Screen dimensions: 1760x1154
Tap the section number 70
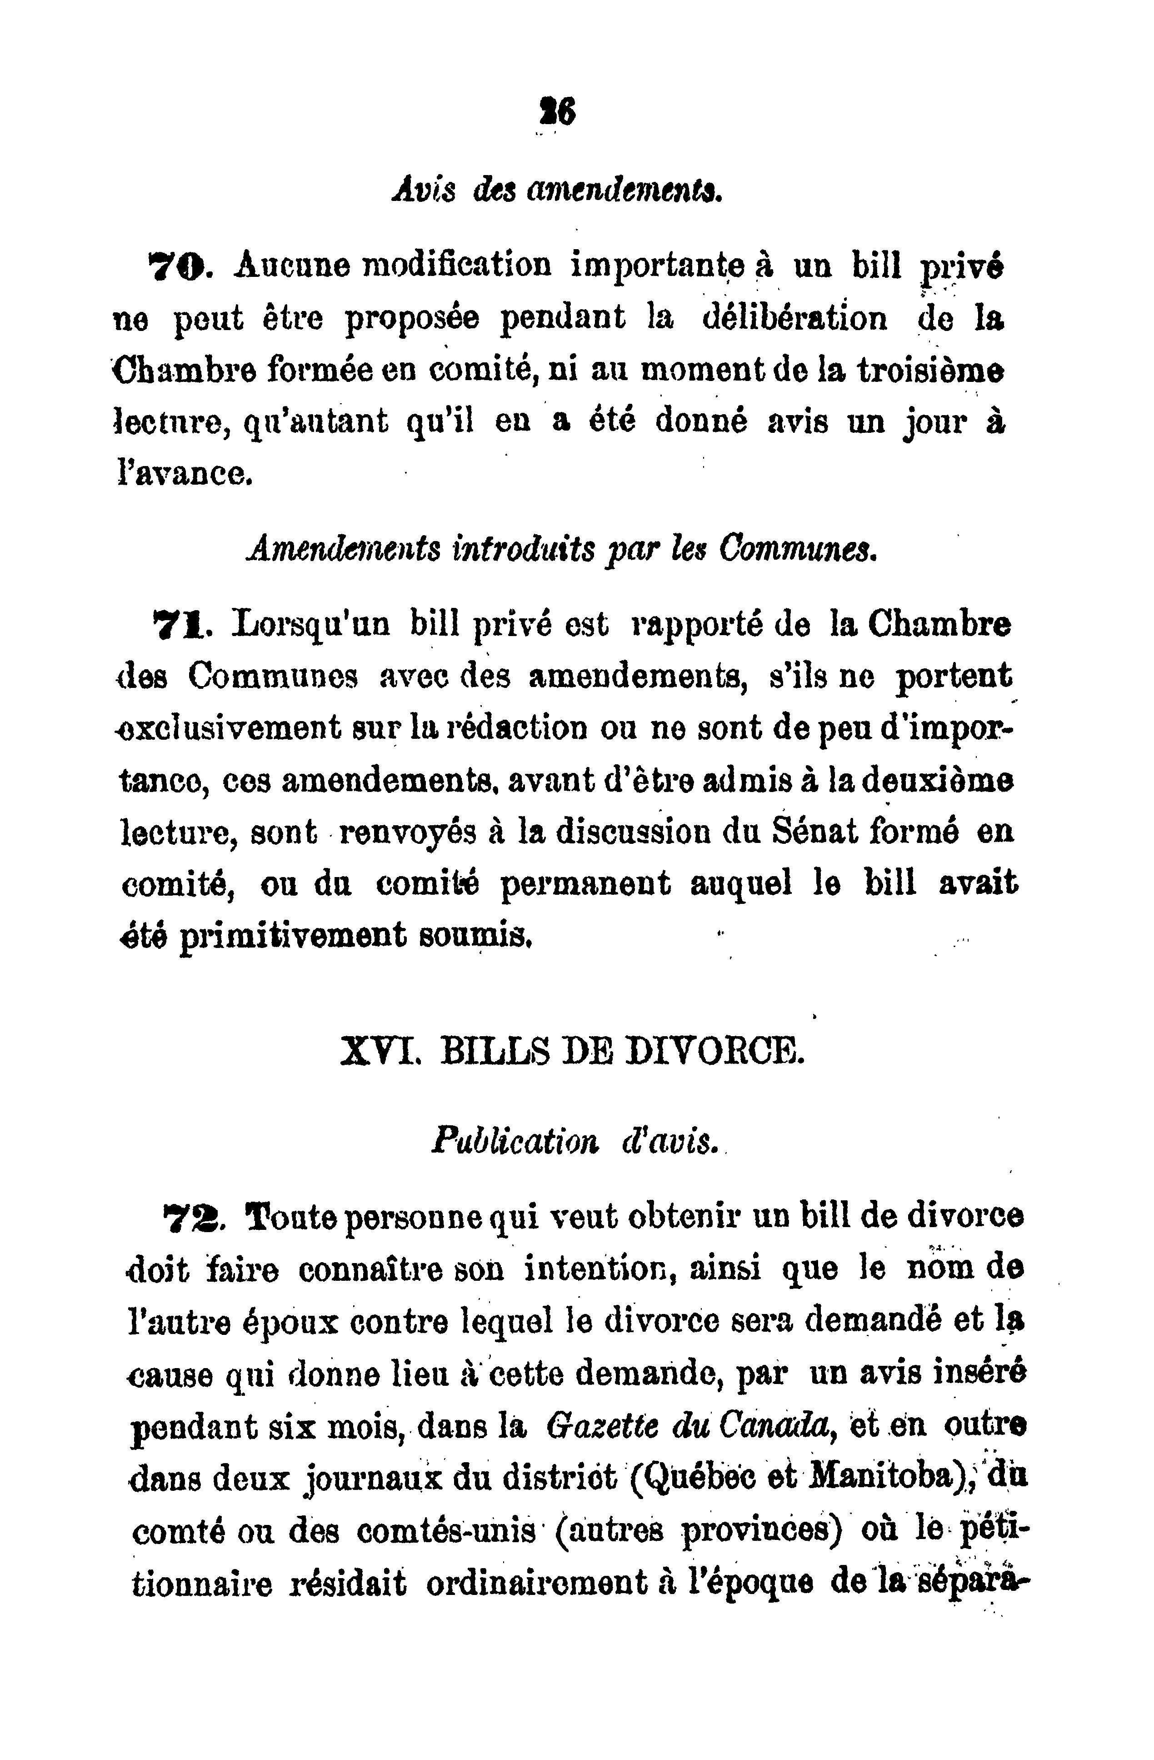tap(178, 264)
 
